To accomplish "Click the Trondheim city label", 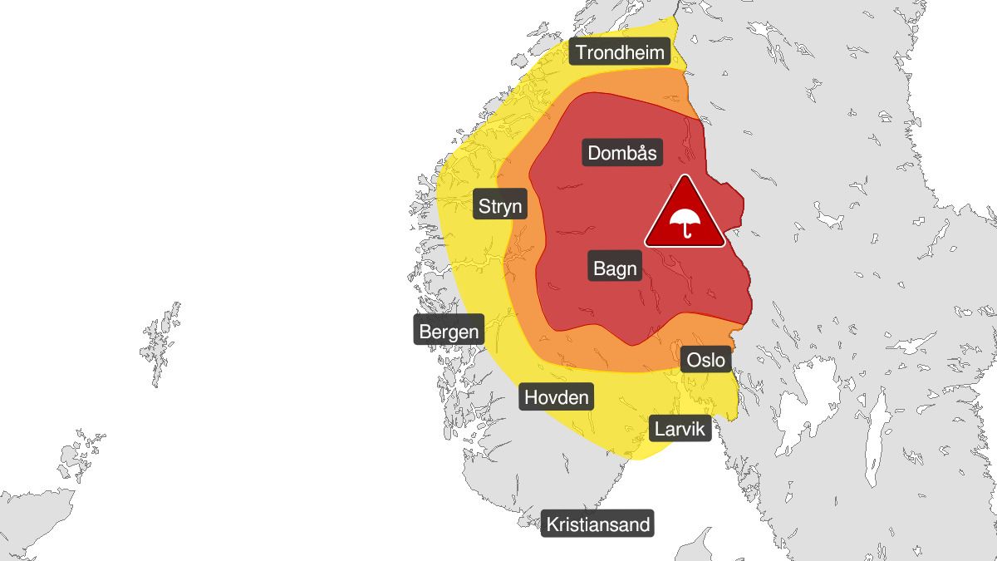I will tap(621, 53).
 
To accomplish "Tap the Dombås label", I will tap(622, 153).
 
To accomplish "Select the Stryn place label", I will tap(501, 205).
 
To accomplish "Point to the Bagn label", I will tap(616, 268).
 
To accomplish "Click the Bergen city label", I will tap(449, 332).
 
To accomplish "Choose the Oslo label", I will tap(707, 360).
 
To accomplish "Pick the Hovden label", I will tap(556, 397).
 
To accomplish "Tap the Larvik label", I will tap(680, 429).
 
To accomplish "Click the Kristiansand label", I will tap(598, 525).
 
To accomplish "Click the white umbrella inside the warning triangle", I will tap(685, 222).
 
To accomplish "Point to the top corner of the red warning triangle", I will tap(685, 177).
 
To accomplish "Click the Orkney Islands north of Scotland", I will tap(79, 453).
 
